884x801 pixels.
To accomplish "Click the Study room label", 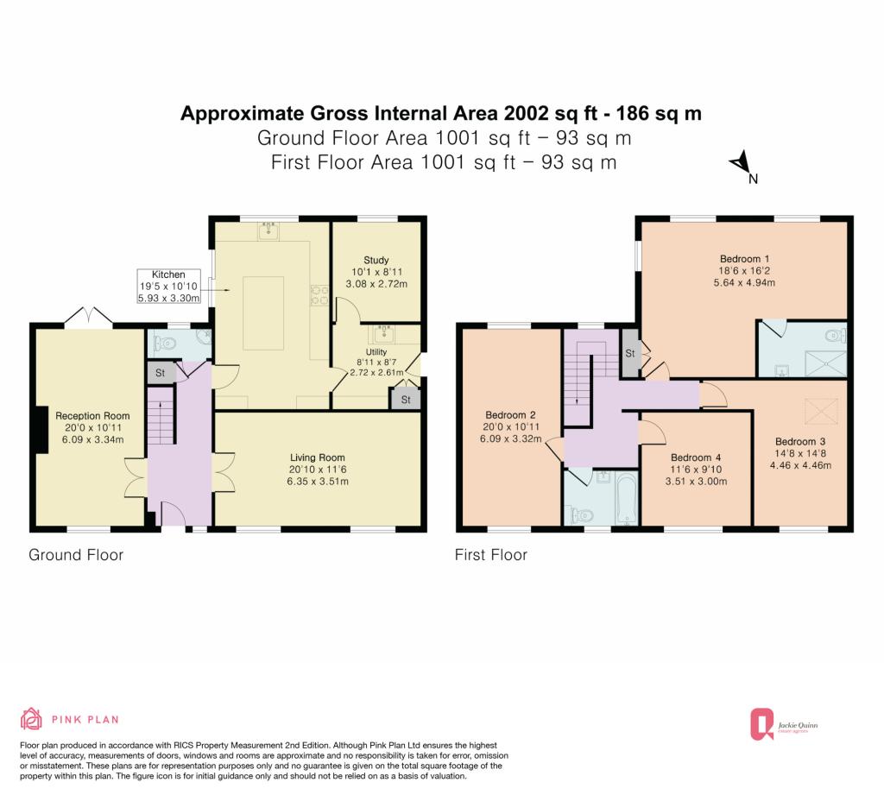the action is pos(376,260).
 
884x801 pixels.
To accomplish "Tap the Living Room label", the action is pos(318,457).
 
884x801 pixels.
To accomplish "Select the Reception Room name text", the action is pos(92,416).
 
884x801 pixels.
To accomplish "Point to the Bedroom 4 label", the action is pos(696,457).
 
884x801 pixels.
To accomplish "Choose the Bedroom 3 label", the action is pos(800,441).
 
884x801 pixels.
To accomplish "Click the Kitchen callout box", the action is pos(168,286).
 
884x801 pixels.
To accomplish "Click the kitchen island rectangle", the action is pos(263,312).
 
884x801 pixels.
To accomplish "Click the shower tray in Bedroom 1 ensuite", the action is pos(825,363).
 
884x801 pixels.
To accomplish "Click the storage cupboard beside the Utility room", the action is pos(406,399).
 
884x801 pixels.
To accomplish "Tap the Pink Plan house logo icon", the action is pos(32,719).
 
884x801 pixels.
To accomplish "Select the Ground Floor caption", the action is pos(76,555).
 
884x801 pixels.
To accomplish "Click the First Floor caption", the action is pos(490,555).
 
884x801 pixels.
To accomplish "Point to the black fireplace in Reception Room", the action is pos(41,428).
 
